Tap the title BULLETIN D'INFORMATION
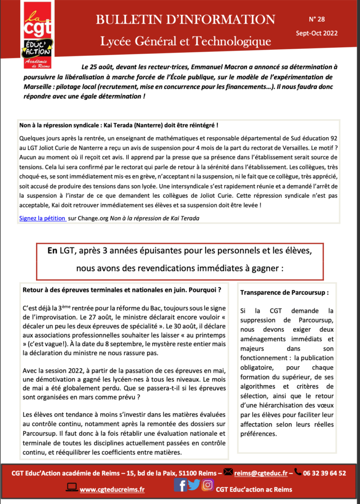tap(185, 20)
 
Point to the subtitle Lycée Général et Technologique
tap(185, 41)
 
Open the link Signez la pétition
tap(43, 218)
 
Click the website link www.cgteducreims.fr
tap(112, 489)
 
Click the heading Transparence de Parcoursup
tap(284, 292)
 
